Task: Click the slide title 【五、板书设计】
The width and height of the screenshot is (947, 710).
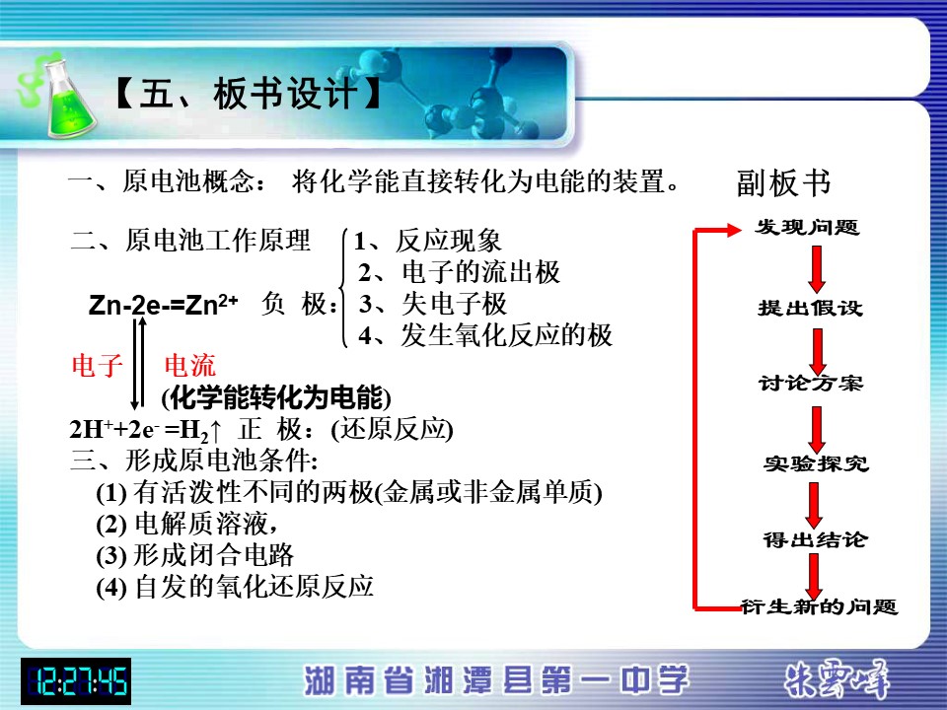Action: click(x=247, y=95)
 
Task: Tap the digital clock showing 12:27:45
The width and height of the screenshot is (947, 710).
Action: click(x=76, y=681)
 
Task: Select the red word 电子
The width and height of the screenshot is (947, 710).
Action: click(x=97, y=366)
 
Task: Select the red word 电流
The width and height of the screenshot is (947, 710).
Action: click(x=189, y=366)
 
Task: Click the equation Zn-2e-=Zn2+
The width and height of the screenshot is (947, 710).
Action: click(x=163, y=304)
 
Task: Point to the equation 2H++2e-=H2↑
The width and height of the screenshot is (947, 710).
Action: click(x=146, y=431)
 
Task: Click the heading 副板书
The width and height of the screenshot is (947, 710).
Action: click(x=783, y=183)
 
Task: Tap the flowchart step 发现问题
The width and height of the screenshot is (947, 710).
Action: click(x=806, y=227)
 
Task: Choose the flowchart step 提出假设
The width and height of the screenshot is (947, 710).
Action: click(x=810, y=308)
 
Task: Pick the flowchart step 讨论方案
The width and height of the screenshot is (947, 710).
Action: click(x=811, y=384)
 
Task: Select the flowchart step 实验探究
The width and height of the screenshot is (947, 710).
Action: click(x=816, y=463)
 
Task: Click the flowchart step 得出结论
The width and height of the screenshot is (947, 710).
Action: click(x=815, y=539)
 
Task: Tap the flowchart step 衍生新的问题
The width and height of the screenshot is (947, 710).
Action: click(x=820, y=606)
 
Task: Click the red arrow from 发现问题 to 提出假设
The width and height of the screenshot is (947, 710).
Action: click(x=817, y=269)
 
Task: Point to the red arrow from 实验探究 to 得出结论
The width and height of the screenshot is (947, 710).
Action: click(x=814, y=506)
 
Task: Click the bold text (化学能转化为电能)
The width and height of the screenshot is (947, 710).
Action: click(x=276, y=397)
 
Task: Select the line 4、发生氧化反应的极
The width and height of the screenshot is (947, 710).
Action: click(x=485, y=335)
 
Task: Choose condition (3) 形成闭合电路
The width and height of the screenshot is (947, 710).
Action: click(x=194, y=555)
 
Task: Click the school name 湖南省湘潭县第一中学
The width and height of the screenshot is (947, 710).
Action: click(x=496, y=680)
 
